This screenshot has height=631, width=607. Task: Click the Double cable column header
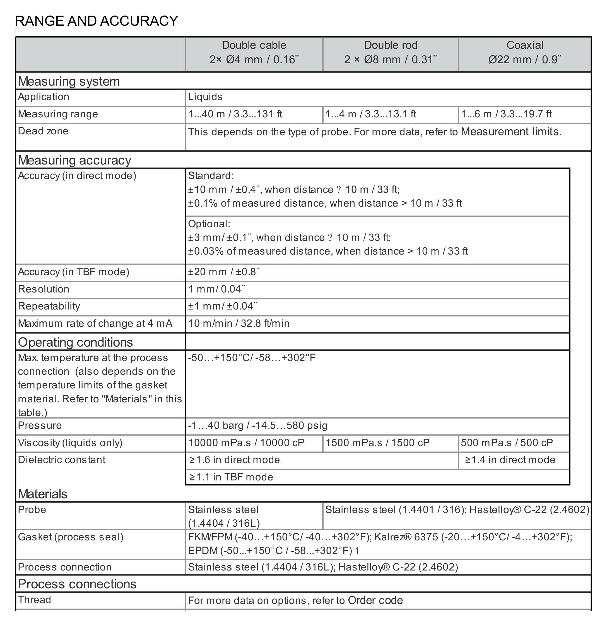[254, 52]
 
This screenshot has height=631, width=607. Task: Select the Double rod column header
[391, 52]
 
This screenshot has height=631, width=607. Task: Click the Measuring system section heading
[69, 81]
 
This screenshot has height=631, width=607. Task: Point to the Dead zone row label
[43, 131]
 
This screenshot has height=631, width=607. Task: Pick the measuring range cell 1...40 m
[235, 114]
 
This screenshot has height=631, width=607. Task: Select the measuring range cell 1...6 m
[506, 114]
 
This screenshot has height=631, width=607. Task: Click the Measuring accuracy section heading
[74, 160]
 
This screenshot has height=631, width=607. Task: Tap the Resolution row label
[44, 289]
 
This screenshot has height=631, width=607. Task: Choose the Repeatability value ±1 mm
[223, 306]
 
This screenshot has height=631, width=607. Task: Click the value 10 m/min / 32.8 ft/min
[239, 323]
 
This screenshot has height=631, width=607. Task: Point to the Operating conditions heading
[75, 342]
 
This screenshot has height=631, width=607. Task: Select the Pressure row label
[40, 425]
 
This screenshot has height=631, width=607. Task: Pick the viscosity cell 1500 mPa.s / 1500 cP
[377, 443]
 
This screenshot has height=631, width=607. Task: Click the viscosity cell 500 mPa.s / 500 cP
[507, 443]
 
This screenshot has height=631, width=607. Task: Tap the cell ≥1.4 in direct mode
[510, 460]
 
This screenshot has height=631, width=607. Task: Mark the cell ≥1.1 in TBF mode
[231, 477]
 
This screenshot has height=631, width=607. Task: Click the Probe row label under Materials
[32, 510]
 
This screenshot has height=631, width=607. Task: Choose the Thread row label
[35, 600]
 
